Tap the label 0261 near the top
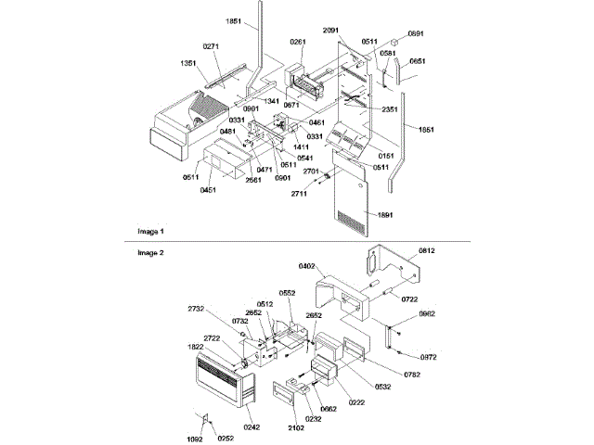pyautogui.click(x=298, y=42)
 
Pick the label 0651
pyautogui.click(x=418, y=60)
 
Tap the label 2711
pyautogui.click(x=299, y=194)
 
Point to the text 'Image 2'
pyautogui.click(x=150, y=251)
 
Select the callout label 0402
pyautogui.click(x=307, y=267)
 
